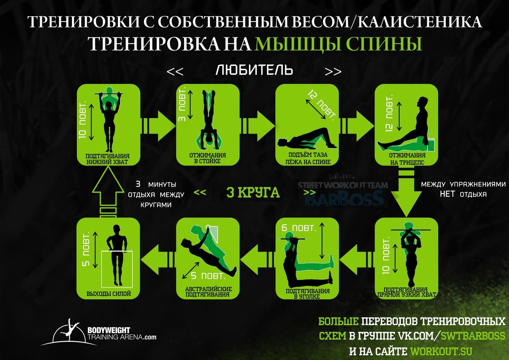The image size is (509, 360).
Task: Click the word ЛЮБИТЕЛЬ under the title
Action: (x=254, y=71)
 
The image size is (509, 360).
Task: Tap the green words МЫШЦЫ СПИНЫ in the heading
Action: (x=338, y=44)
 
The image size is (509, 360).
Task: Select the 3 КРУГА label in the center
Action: (x=253, y=193)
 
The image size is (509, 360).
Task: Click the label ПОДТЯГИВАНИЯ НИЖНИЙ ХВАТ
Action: (x=108, y=159)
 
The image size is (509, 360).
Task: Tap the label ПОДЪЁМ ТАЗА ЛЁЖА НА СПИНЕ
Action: (x=307, y=158)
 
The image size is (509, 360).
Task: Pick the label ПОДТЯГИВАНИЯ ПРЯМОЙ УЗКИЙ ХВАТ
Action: (x=406, y=292)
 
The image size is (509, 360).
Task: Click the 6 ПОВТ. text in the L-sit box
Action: (x=299, y=228)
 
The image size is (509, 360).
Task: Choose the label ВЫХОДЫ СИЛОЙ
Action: (x=108, y=294)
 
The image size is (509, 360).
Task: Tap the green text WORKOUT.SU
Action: (x=441, y=351)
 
